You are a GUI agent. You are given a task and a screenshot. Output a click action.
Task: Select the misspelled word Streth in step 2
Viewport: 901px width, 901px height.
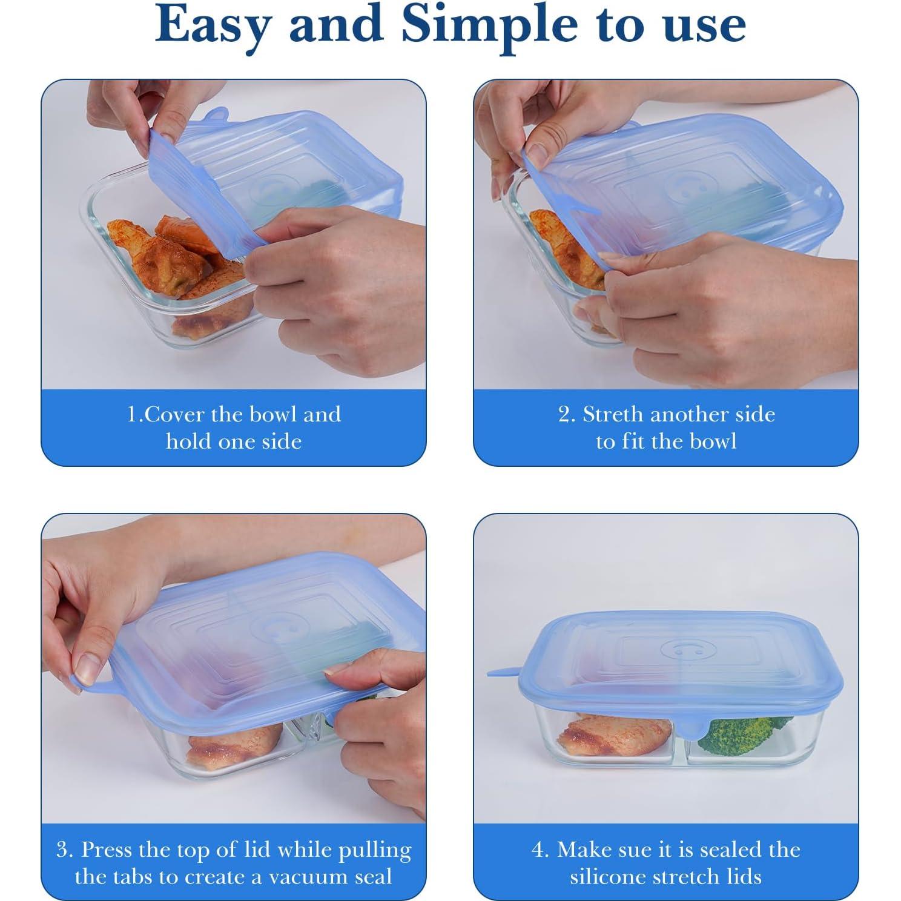612,415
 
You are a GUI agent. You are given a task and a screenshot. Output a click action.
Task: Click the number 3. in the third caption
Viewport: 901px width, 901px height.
65,850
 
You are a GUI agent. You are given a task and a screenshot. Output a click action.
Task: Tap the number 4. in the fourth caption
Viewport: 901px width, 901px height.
540,850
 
